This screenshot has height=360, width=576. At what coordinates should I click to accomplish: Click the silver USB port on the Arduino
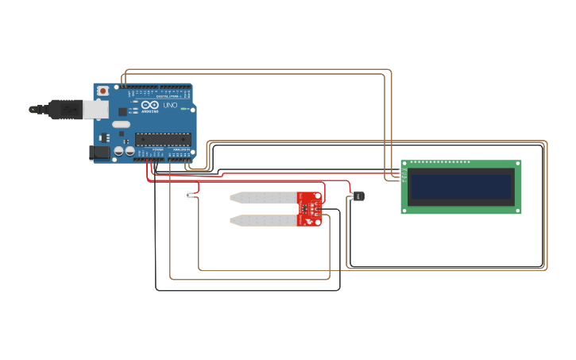point(97,109)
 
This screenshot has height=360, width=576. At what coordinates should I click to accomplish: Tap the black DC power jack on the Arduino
point(100,152)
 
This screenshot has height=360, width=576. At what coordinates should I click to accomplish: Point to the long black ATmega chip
point(163,139)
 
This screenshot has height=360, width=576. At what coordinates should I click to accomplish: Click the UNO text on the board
point(170,106)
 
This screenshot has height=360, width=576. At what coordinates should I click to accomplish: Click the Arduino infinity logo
point(147,105)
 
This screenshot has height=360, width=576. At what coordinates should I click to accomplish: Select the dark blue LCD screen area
point(461,187)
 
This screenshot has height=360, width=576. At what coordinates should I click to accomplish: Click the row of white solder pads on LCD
point(441,162)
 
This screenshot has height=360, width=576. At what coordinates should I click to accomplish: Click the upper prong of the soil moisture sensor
point(263,196)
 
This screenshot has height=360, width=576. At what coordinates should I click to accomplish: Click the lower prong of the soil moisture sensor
point(263,220)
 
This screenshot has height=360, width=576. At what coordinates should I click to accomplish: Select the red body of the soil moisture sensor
point(311,208)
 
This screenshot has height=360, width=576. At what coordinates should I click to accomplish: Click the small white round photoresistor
point(188,195)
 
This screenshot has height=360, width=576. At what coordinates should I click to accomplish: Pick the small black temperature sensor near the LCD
point(358,195)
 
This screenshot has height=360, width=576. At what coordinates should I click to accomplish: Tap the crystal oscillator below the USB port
point(120,124)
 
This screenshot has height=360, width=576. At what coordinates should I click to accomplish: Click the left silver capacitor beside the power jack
point(118,150)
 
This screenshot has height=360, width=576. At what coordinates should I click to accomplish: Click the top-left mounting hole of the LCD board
point(405,164)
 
